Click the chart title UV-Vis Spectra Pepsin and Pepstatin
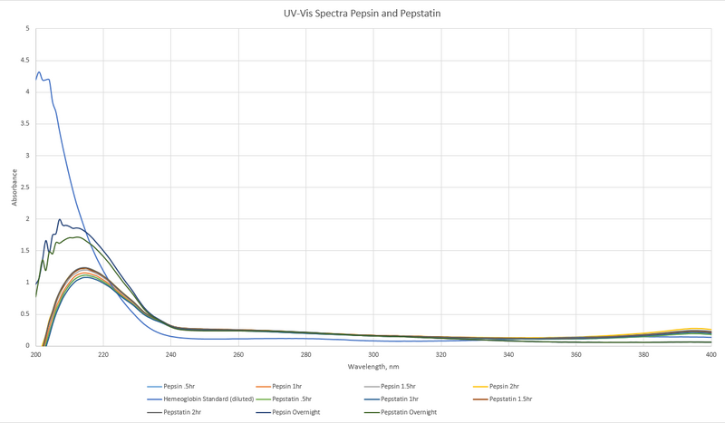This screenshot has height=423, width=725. pos(362,14)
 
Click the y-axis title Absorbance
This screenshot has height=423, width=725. pos(14,187)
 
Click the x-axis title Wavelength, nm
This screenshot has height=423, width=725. pos(372,367)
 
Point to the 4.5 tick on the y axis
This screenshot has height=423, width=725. pos(26,61)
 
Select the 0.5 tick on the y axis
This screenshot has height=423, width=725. pos(26,314)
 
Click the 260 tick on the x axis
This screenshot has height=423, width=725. pos(238,354)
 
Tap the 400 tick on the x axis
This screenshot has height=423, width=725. pos(711,354)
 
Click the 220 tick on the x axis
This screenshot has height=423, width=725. pos(103,354)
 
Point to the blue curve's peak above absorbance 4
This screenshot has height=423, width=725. pos(39,72)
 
